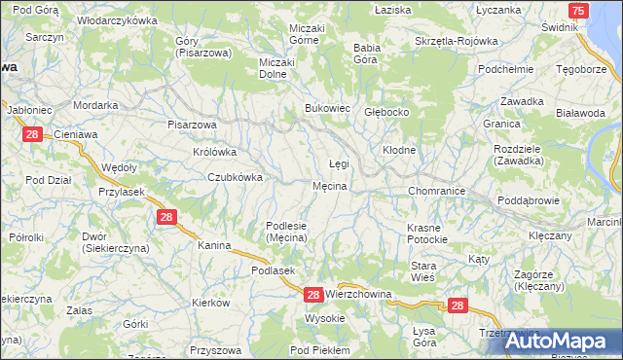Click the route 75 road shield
(579, 11)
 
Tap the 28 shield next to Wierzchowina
(313, 294)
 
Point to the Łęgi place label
(338, 163)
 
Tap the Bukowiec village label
(327, 108)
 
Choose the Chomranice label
(436, 191)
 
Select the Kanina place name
(214, 246)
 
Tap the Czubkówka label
(235, 177)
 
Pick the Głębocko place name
(385, 112)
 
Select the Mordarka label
(95, 105)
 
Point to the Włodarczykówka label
(117, 20)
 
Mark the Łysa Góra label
(424, 336)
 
